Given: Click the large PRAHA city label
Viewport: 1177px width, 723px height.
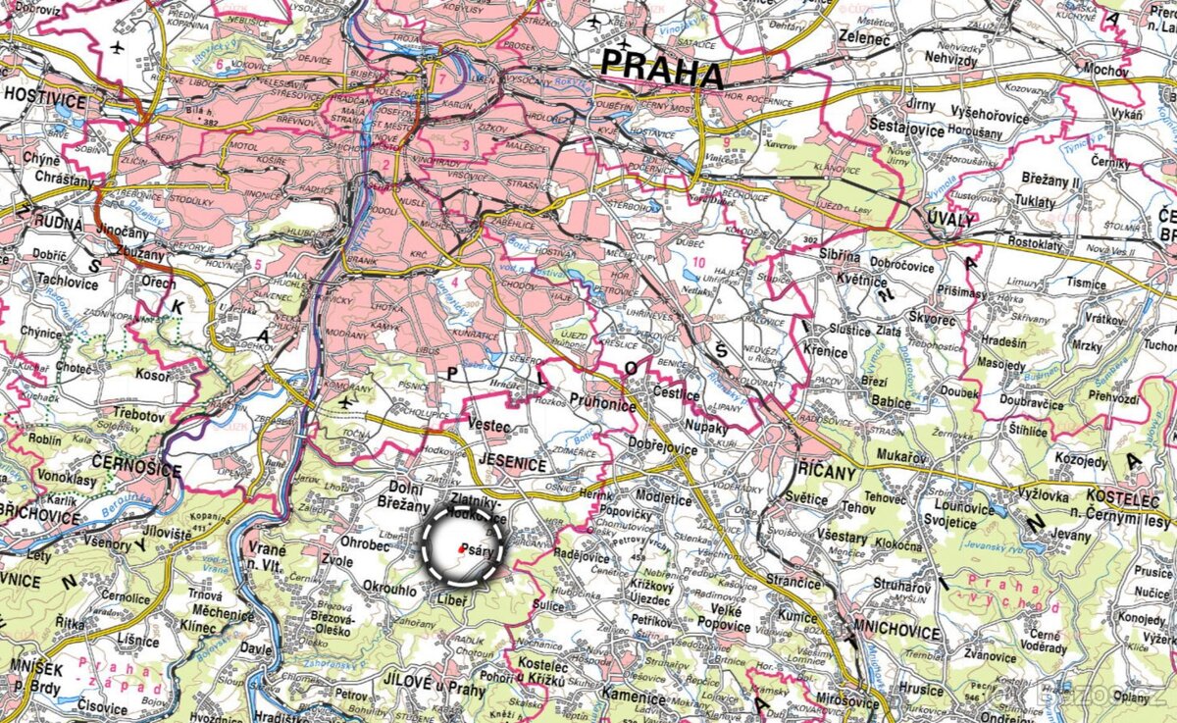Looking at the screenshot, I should [x=661, y=70].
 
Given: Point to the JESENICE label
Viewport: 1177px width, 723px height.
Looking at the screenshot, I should [x=513, y=465].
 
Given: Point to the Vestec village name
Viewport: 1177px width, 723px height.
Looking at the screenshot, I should [x=488, y=427].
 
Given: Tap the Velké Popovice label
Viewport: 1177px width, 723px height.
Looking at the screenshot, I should [x=724, y=618].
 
